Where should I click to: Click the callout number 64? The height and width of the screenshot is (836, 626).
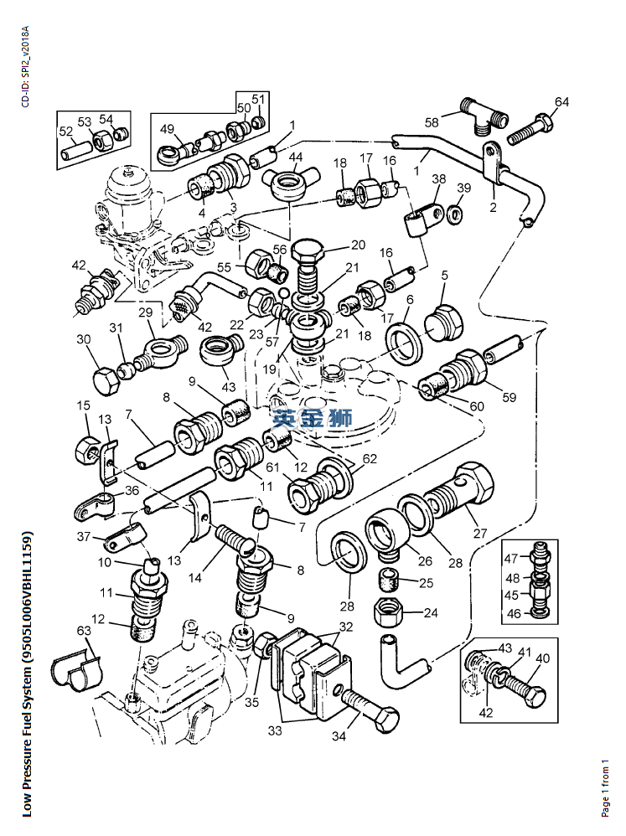[x=561, y=102]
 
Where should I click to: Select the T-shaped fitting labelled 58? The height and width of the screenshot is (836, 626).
[x=484, y=115]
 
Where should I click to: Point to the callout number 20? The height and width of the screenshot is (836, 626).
[x=359, y=245]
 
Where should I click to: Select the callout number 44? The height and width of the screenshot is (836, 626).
[x=296, y=157]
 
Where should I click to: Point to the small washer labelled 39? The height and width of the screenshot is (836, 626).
[x=456, y=212]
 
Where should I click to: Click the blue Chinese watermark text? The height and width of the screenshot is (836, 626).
[x=311, y=418]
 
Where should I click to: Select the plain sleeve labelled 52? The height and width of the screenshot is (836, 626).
[x=74, y=153]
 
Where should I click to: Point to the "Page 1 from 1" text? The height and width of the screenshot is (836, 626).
[x=605, y=787]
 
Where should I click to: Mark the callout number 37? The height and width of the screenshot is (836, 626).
[x=84, y=537]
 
